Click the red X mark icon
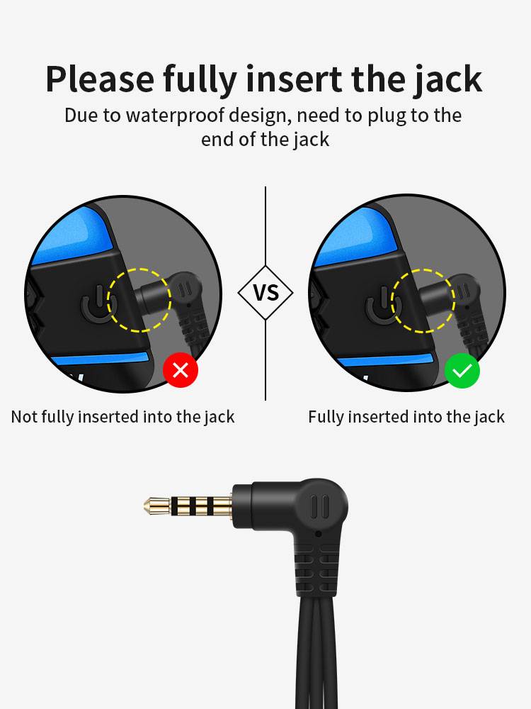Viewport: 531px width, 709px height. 181,370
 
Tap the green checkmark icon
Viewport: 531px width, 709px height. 462,371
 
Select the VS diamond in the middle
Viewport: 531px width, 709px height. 265,293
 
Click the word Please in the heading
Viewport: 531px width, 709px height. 100,80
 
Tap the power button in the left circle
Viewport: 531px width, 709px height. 98,303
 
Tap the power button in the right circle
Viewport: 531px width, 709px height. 382,304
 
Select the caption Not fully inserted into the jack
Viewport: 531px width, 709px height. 122,417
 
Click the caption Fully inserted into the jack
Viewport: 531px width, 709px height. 406,417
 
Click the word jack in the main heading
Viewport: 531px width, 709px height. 448,80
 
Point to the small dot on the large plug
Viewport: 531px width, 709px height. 319,534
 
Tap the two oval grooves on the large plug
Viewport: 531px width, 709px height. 320,506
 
